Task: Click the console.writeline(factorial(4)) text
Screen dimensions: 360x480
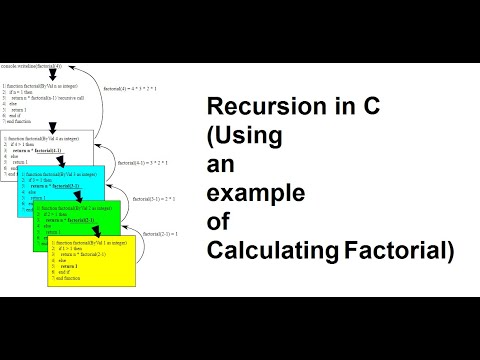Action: [31, 66]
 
